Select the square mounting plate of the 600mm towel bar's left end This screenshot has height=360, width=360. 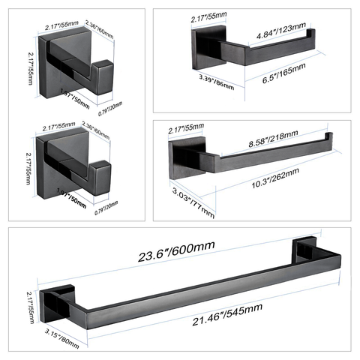pyautogui.click(x=55, y=301)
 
